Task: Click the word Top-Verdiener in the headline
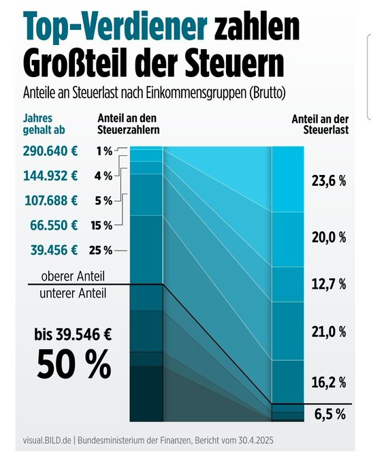pos(115,26)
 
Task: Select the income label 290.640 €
pos(50,151)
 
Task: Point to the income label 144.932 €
pos(50,176)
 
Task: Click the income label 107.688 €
pos(51,201)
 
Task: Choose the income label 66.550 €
pos(54,225)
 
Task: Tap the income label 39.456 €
pos(54,251)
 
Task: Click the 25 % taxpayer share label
pos(101,251)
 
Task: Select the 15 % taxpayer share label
pos(102,226)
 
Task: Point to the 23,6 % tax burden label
pos(329,180)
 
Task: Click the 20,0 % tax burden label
pos(329,237)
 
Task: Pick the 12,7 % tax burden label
pos(329,284)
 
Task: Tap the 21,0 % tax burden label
pos(329,332)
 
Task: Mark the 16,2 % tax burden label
pos(329,383)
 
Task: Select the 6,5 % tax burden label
pos(329,414)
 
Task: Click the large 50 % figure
pos(74,364)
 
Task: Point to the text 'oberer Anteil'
pos(73,276)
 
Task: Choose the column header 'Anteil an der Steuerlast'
pos(320,125)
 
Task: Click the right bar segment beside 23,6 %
pos(288,179)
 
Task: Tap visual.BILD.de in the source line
pos(47,441)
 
